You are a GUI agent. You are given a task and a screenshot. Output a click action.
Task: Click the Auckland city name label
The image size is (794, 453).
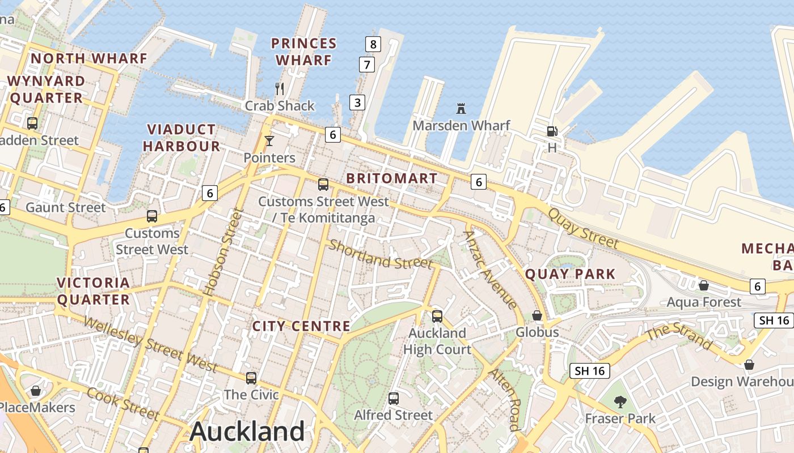tap(247, 431)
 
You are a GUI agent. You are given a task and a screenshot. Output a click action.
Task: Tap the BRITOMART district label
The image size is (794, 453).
tap(392, 178)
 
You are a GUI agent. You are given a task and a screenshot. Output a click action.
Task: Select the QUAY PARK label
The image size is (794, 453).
tap(570, 274)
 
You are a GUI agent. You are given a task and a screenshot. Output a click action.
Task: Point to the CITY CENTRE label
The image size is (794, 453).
tap(301, 326)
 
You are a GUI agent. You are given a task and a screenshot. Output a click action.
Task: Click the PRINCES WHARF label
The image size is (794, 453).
tap(303, 52)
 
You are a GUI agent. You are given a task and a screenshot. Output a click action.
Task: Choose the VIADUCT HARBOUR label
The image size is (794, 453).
tap(181, 138)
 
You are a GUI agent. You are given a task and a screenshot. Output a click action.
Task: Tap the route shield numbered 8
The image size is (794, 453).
tap(373, 44)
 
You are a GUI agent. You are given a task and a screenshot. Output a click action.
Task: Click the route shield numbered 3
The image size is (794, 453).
tap(357, 102)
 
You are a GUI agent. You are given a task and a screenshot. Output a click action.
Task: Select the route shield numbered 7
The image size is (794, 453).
tap(367, 65)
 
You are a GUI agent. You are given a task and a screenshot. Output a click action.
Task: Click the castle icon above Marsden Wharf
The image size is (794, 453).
tap(461, 108)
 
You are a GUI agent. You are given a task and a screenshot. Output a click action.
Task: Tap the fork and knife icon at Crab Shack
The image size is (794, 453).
tap(279, 88)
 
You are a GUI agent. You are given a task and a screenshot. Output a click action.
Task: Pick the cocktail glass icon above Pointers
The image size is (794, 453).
tap(269, 140)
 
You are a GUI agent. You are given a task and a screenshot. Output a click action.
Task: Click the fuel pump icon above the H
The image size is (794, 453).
tap(552, 131)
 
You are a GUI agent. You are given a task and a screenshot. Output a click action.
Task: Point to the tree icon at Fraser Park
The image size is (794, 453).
tap(620, 401)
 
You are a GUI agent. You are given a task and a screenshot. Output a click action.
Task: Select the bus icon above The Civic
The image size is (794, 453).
tap(251, 378)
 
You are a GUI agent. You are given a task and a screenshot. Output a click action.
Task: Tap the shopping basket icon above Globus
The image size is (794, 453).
tap(537, 315)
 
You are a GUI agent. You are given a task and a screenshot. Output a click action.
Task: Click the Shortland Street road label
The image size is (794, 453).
tap(381, 254)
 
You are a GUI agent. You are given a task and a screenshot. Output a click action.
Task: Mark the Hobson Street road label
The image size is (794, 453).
tap(223, 253)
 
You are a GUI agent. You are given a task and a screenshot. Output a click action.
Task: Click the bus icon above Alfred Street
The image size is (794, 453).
tap(394, 398)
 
